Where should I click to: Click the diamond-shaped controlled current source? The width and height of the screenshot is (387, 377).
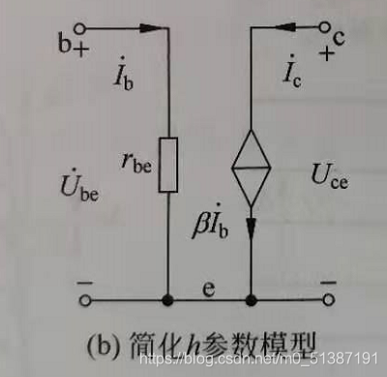pyautogui.click(x=251, y=173)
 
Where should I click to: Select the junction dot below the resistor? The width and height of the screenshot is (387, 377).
pyautogui.click(x=169, y=300)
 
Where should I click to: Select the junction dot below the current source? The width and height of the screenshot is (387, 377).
pyautogui.click(x=251, y=300)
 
